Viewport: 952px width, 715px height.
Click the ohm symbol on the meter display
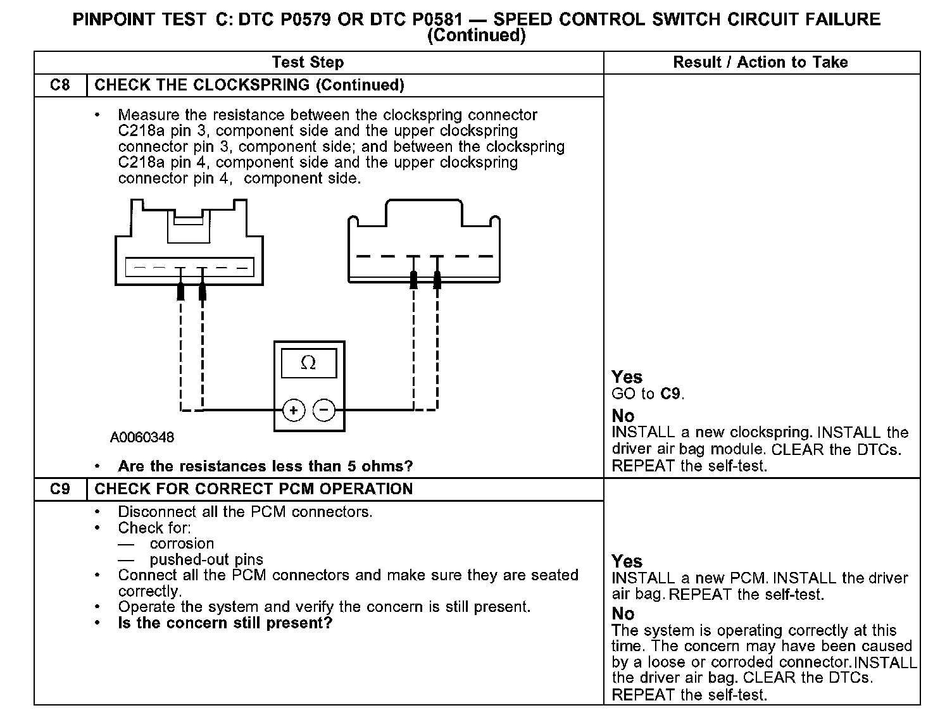308,363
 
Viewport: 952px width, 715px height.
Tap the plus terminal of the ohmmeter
294,410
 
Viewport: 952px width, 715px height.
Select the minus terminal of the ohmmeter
324,410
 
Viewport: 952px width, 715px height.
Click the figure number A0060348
142,437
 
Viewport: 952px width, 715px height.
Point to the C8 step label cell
59,85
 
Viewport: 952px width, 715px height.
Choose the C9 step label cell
59,489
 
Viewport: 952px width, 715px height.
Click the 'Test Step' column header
308,62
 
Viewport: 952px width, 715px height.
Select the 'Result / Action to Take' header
760,62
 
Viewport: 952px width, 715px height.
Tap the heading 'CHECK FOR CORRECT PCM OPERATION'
253,489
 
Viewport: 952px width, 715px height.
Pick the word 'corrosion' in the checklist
182,544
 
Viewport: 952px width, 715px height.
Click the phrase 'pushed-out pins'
206,559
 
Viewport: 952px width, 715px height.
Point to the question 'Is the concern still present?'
225,623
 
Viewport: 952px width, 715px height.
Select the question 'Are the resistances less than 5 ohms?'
265,466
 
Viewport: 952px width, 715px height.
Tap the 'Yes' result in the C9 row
627,561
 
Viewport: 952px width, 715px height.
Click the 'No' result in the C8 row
623,416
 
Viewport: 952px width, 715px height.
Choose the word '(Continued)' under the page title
476,35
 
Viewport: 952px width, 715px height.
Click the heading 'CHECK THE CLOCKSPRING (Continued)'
249,85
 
